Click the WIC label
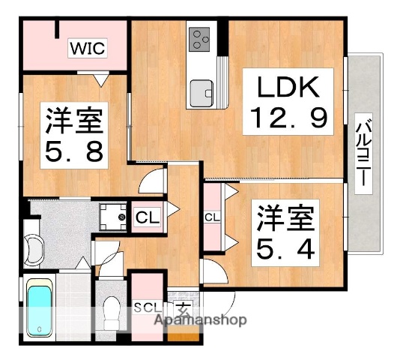88,49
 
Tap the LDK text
284,88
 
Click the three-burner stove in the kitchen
200,39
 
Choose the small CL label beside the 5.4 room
212,217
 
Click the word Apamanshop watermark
200,320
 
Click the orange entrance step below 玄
187,334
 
